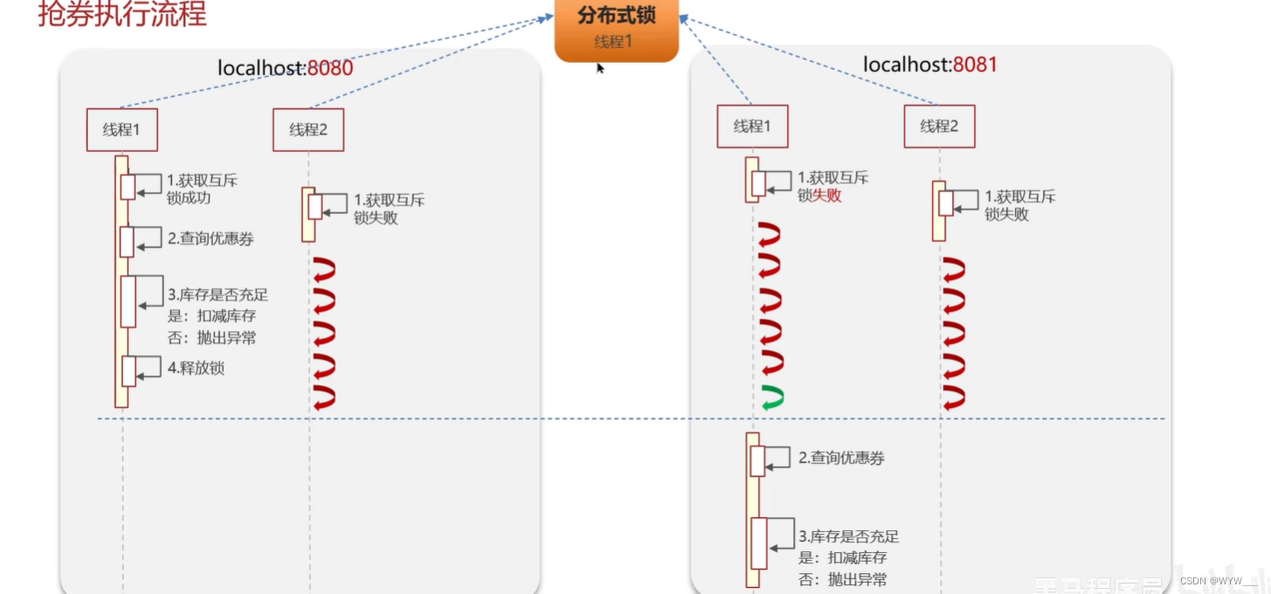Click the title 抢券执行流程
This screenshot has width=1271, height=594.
tap(122, 15)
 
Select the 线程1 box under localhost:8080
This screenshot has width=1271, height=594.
tap(121, 130)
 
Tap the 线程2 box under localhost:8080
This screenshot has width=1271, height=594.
tap(307, 130)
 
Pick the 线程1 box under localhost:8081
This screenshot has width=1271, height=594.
tap(752, 127)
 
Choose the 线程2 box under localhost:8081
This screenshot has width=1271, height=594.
tap(939, 127)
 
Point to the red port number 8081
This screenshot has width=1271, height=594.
tap(975, 65)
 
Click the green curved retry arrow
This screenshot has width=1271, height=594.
tap(771, 397)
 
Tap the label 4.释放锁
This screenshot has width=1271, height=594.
tap(196, 368)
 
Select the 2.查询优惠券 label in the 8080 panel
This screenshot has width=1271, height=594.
tap(211, 238)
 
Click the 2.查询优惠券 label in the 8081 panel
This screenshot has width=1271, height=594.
tap(841, 458)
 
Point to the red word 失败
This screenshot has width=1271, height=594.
tap(827, 196)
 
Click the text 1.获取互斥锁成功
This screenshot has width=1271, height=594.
tap(201, 190)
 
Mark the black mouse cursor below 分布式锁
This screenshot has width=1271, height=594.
tap(601, 67)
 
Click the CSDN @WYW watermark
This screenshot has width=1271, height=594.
tap(1217, 581)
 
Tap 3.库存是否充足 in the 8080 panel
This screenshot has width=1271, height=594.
tap(218, 295)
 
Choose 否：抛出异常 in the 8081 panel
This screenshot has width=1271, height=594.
tap(843, 579)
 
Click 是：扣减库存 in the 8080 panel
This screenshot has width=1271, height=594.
tap(211, 316)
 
